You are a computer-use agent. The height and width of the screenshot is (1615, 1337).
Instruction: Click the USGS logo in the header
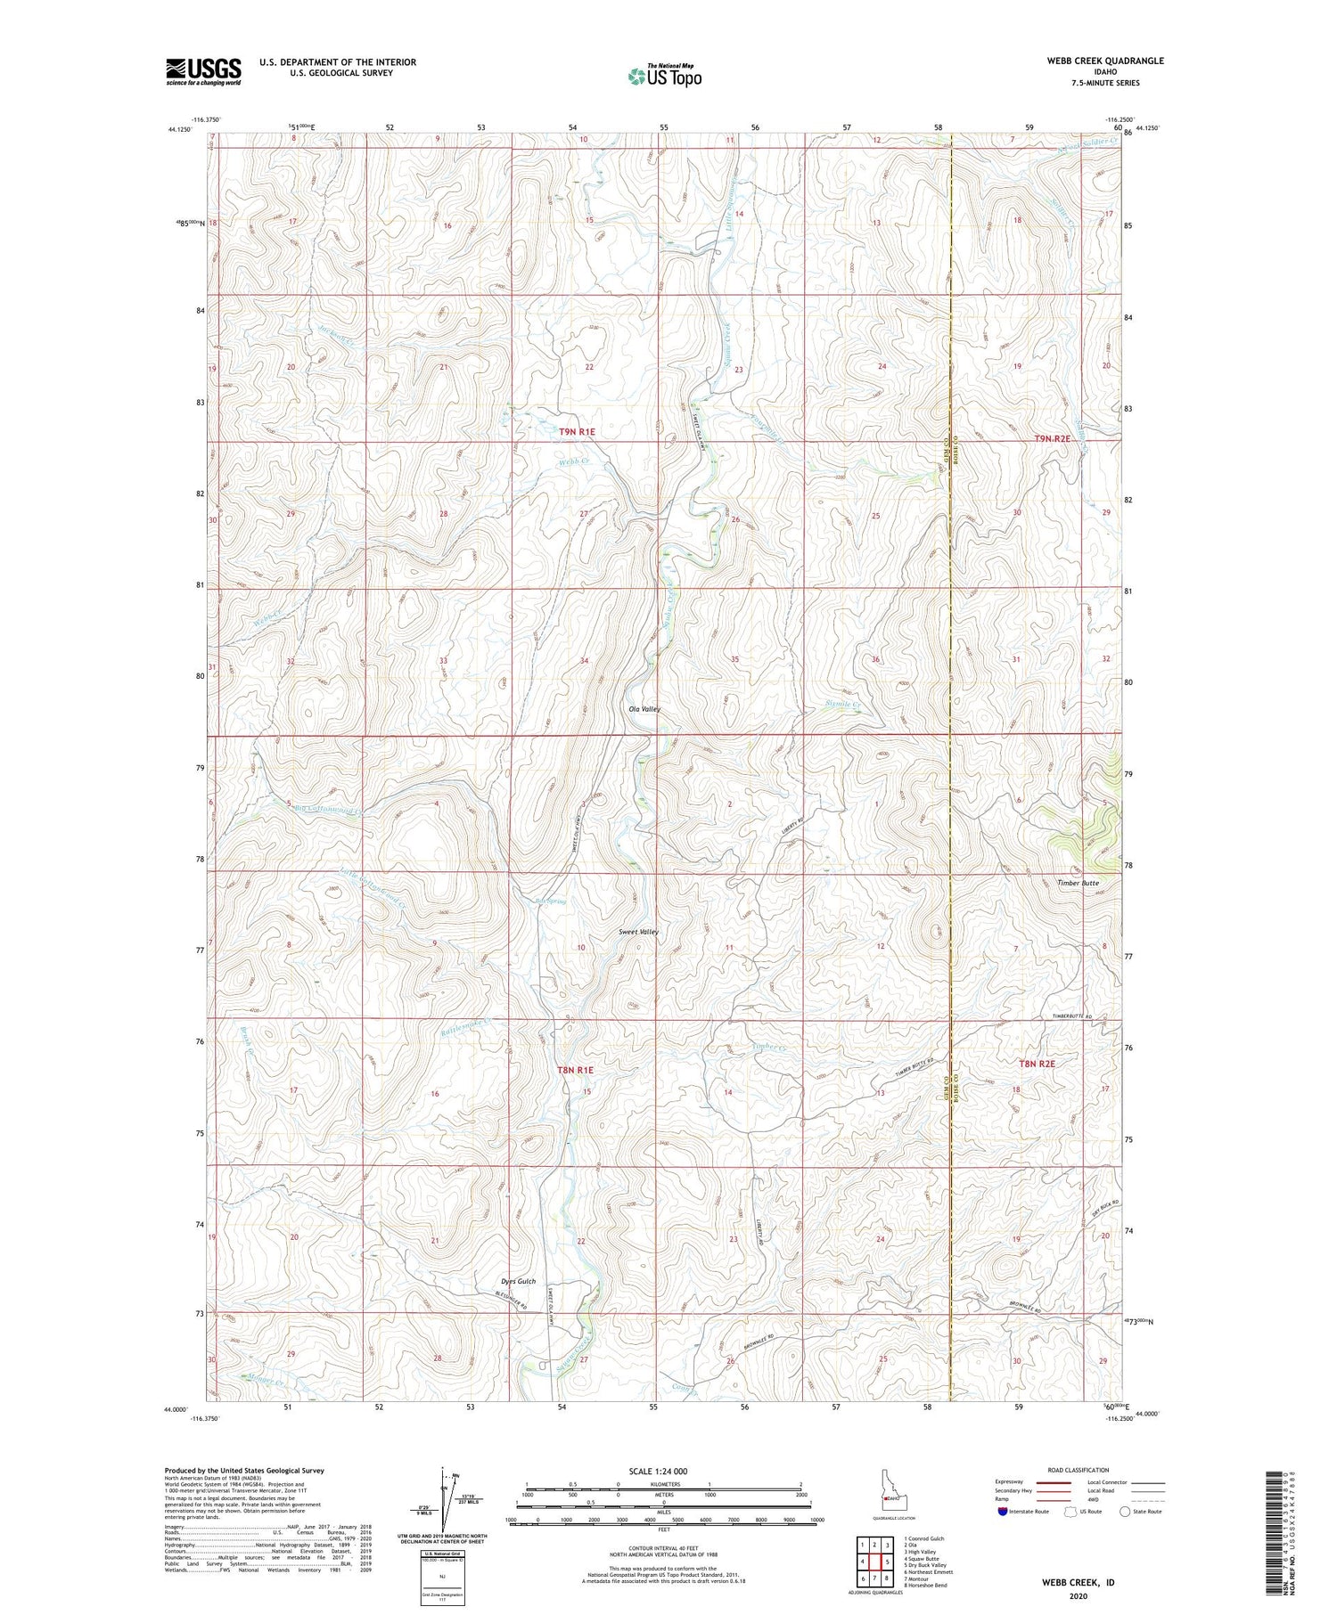[203, 71]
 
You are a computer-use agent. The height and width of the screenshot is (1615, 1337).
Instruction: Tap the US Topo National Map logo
[664, 76]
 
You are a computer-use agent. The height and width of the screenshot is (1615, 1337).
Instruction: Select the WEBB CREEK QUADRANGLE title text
[1093, 61]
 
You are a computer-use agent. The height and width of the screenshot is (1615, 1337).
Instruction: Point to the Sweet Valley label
[638, 932]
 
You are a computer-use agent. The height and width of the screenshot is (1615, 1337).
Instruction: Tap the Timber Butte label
[1078, 883]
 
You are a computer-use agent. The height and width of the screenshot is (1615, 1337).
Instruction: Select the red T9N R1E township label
[577, 431]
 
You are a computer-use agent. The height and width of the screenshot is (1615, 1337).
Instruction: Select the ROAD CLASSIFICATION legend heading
[1079, 1470]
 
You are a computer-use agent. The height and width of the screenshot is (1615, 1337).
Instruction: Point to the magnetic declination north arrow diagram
[443, 1503]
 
